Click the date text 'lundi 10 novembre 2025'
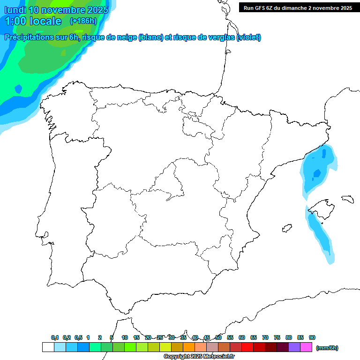(56, 9)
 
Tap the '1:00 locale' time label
(33, 21)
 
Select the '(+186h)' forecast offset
(83, 21)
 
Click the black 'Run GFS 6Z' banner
(298, 7)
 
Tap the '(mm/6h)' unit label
(327, 348)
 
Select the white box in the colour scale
(48, 347)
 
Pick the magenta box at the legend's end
(306, 347)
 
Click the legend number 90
(312, 337)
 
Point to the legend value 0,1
(55, 337)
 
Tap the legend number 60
(242, 337)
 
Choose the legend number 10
(125, 337)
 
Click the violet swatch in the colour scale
(294, 347)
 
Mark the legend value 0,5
(78, 337)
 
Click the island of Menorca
(347, 199)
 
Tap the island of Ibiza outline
(285, 229)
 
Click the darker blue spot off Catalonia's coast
(317, 173)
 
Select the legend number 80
(289, 337)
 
